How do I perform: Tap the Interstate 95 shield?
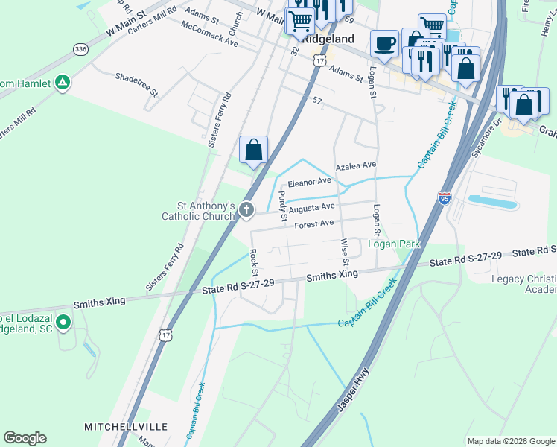444,198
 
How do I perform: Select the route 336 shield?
80,48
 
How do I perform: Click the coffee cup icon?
384,43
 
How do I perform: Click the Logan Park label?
394,244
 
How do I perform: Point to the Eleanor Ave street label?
309,181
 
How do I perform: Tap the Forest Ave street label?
313,223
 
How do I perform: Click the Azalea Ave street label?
356,165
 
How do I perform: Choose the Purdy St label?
282,206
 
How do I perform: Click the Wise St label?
345,252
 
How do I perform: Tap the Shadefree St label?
136,83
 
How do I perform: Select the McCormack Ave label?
209,34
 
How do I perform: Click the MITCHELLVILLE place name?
125,427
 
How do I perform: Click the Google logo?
25,438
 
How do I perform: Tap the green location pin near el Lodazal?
63,323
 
